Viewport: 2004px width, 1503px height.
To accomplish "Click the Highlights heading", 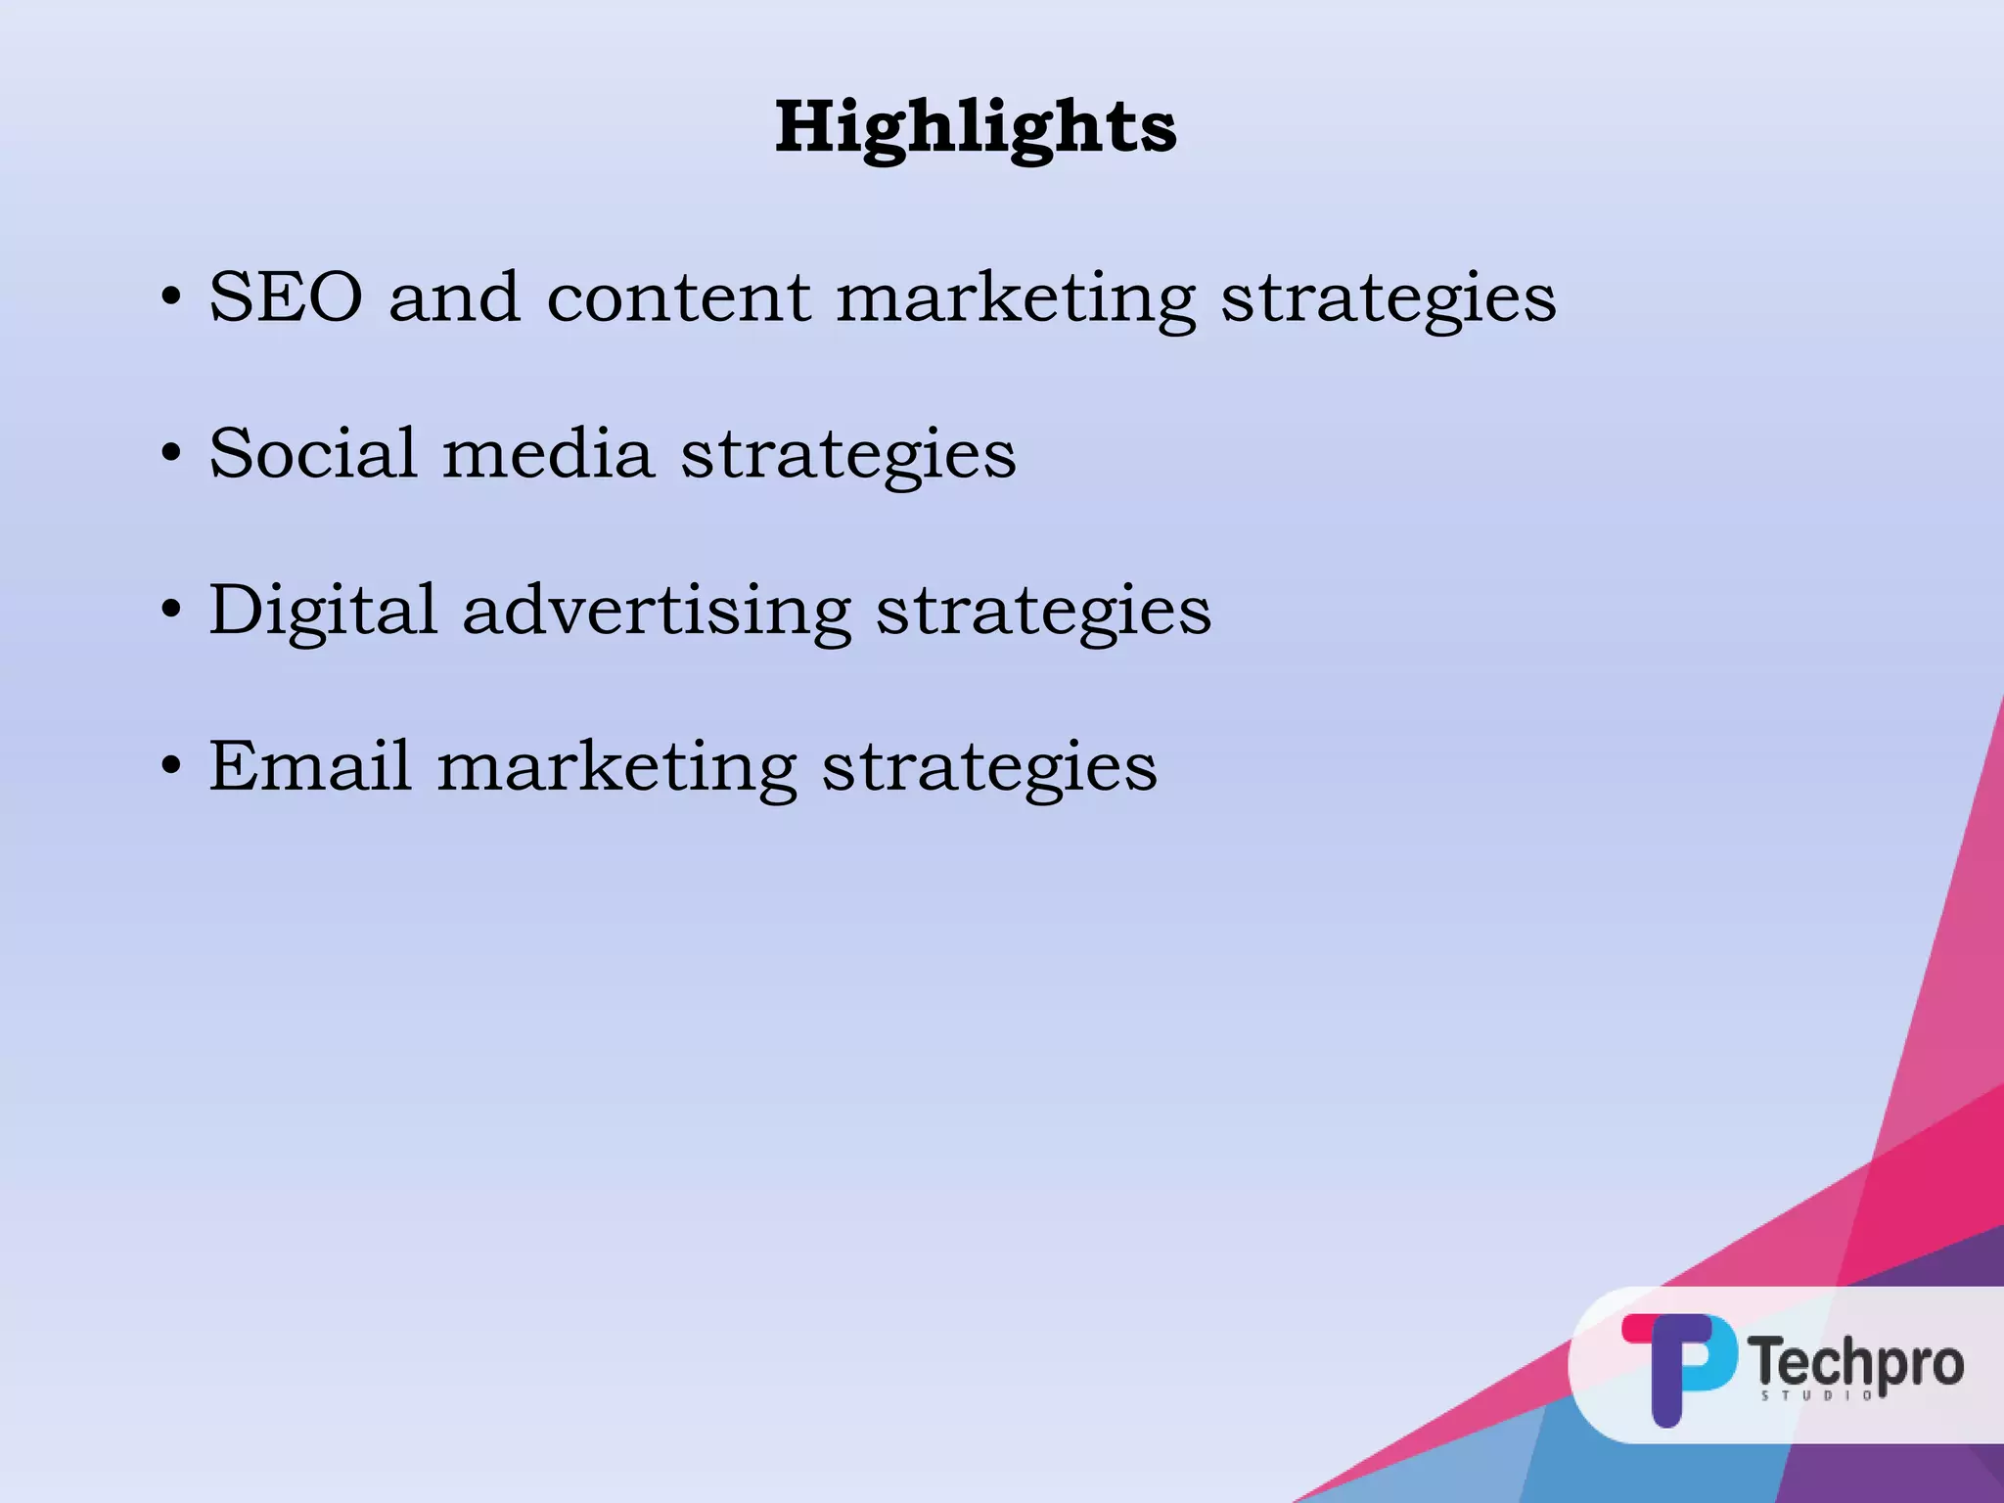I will coord(976,128).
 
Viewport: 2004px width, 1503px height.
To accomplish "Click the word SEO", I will coord(286,296).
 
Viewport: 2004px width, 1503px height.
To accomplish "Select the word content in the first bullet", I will coord(678,296).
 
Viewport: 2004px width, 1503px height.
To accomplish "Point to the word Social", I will coord(313,453).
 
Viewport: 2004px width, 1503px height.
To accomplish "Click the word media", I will coord(548,453).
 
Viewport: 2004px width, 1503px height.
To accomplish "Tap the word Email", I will coord(309,765).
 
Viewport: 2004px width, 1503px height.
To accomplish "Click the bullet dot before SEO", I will coord(171,297).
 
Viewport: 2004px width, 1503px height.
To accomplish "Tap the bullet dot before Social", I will coord(171,454).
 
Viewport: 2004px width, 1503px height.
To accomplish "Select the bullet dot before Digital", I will coord(171,611).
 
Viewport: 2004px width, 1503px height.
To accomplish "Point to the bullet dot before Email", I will coord(171,766).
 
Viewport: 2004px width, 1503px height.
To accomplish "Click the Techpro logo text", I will coord(1856,1362).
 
